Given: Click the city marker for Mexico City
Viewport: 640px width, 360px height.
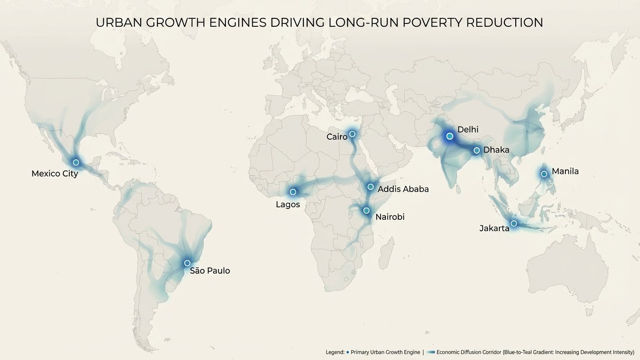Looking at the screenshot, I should click(76, 162).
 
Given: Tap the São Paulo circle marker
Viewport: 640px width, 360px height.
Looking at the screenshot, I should click(187, 263).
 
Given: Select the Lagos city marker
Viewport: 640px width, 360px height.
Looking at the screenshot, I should click(293, 192).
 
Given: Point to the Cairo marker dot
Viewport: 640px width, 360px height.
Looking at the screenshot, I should click(352, 134).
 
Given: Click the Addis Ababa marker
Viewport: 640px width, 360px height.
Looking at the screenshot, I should click(370, 187).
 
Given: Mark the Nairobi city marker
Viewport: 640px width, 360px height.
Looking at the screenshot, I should click(367, 210).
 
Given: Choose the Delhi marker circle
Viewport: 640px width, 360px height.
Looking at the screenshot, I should click(450, 136).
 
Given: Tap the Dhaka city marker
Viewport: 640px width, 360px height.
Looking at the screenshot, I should click(476, 150).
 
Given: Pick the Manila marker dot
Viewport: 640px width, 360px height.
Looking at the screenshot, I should click(544, 174).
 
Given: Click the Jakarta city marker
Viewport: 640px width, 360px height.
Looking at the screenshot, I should click(514, 223).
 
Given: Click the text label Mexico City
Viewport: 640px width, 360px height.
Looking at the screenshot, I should click(54, 174).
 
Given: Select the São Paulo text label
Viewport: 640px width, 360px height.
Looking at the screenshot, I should click(210, 271).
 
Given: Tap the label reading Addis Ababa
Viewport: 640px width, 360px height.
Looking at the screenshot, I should click(403, 189).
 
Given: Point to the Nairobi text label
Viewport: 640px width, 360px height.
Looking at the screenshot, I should click(390, 217).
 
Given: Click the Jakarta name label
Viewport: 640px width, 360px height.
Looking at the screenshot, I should click(494, 229).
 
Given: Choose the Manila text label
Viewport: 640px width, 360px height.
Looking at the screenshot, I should click(565, 172).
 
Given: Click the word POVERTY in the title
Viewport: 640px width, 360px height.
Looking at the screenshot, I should click(438, 22).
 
